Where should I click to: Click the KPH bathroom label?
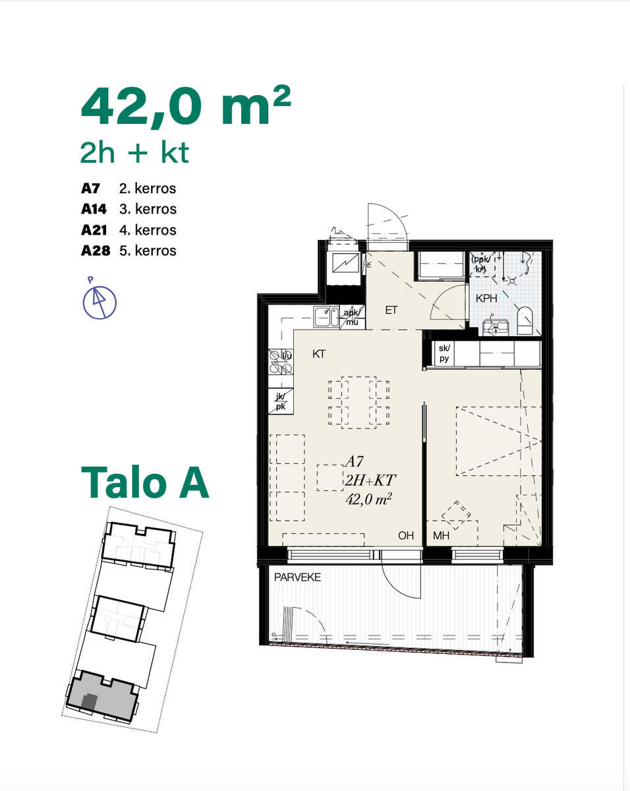486,299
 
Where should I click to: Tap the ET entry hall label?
391,310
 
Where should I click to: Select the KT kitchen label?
319,354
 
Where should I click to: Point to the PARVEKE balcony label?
297,577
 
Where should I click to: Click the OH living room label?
406,535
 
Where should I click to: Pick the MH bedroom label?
441,535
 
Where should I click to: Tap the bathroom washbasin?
496,327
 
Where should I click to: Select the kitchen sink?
326,317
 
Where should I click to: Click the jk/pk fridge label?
281,401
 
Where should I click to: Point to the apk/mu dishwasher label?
352,317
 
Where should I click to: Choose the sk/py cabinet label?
444,353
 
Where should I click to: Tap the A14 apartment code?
94,209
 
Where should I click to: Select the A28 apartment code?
96,250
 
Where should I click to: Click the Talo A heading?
145,483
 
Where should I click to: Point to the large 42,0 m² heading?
186,107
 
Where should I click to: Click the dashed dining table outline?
358,403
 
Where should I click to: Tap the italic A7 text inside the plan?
355,461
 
